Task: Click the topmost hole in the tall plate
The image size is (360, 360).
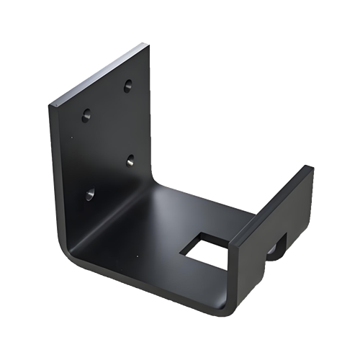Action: tap(127, 86)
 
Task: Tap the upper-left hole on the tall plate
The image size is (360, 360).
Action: tap(86, 114)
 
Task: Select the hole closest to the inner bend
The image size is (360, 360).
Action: tap(131, 160)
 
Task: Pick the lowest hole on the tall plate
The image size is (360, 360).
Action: tap(90, 194)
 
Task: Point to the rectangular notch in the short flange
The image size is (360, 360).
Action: tap(276, 247)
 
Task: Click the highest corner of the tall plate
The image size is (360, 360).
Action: tap(148, 44)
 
